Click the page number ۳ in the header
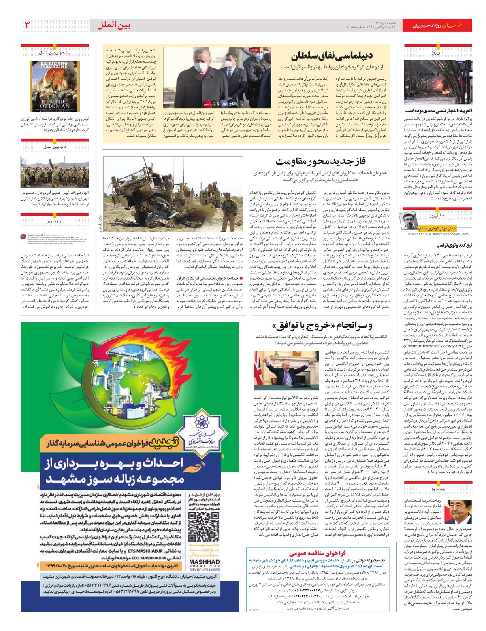[28, 25]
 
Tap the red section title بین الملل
[114, 25]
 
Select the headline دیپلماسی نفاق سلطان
[331, 55]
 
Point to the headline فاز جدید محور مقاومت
[320, 161]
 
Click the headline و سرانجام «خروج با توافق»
[322, 326]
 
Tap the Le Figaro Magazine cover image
[55, 86]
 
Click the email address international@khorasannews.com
[437, 234]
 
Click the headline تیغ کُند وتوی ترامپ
[454, 246]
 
